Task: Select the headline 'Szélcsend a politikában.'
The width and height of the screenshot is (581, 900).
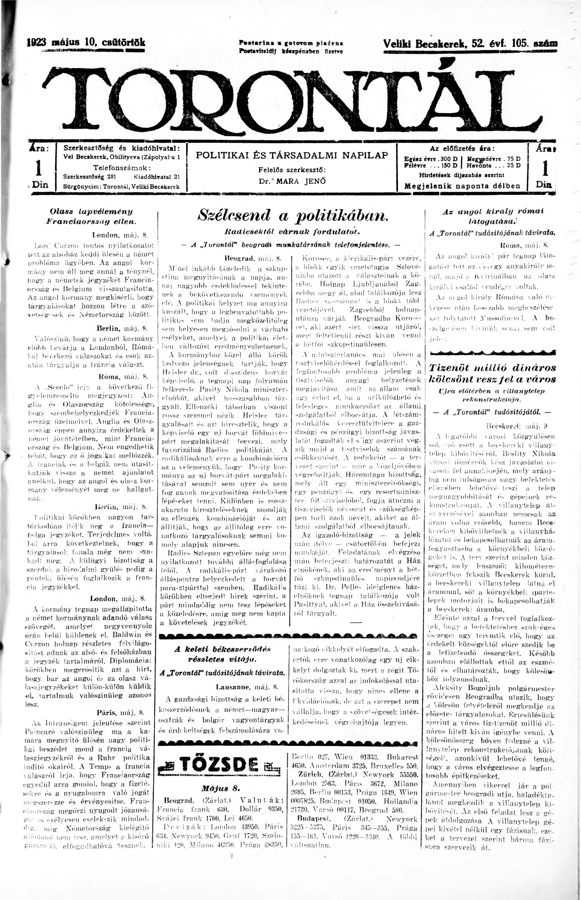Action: click(292, 216)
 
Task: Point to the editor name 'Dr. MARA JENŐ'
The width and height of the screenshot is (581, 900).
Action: click(292, 181)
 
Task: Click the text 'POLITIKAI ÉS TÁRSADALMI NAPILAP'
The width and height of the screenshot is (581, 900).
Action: click(292, 155)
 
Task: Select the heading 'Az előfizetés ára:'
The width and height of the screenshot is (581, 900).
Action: click(462, 148)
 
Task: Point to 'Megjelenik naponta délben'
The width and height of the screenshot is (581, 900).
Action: click(462, 186)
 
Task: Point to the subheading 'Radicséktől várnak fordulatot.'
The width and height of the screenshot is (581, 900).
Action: click(292, 230)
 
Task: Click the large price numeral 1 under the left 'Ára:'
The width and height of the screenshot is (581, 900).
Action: click(38, 169)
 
